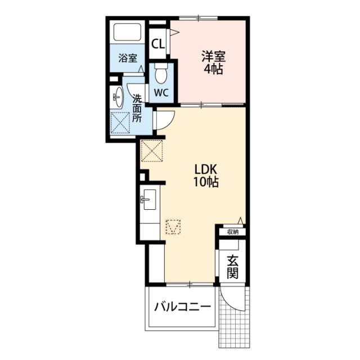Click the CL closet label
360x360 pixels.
pos(159,44)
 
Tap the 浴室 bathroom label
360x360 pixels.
pos(128,58)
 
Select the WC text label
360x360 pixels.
pos(161,92)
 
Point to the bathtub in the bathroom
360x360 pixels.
pos(127,33)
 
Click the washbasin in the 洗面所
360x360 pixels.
pos(118,97)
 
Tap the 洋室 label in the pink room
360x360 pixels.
pos(214,56)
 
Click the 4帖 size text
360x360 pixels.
pos(214,69)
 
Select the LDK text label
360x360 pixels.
pos(206,170)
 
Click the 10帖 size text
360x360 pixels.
pos(206,182)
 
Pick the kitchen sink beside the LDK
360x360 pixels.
pos(148,200)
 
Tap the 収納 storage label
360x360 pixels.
pos(233,232)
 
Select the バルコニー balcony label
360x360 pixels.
pos(182,307)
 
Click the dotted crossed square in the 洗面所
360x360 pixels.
pos(120,123)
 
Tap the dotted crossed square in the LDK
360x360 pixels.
pos(152,151)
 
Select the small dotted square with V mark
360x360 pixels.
pos(173,227)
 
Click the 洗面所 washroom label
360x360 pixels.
pos(137,109)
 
